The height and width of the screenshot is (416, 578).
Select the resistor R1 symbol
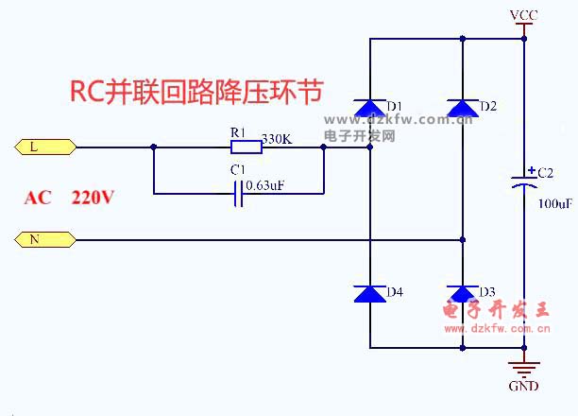[246, 147]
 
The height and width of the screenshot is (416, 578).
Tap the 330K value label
[277, 139]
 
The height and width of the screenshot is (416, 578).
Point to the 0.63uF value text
[265, 185]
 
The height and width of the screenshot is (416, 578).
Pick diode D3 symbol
[462, 294]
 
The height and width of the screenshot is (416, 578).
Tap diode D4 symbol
[368, 294]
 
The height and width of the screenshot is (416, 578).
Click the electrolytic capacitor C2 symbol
[526, 181]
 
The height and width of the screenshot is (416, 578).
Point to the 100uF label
[553, 203]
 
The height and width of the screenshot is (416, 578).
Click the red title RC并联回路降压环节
[197, 92]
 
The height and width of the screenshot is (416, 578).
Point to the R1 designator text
[238, 132]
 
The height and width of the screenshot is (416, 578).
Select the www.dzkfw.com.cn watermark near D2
[399, 120]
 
